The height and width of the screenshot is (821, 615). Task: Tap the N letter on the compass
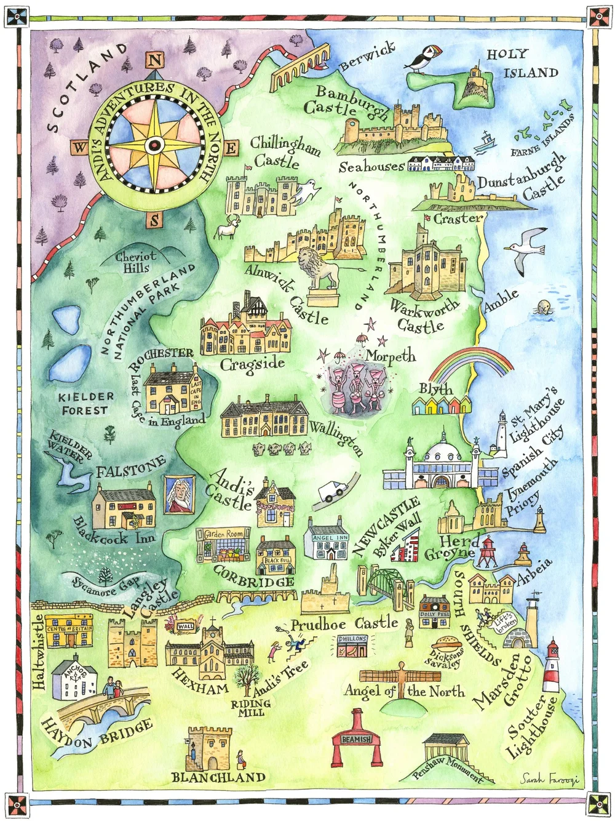(x=155, y=60)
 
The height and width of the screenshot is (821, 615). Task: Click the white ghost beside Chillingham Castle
(x=306, y=191)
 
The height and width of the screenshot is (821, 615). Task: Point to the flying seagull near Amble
(x=525, y=249)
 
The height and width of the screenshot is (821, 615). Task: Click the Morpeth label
(x=391, y=356)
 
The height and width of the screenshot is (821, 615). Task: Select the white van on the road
(x=333, y=491)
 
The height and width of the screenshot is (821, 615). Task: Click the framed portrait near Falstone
(x=179, y=494)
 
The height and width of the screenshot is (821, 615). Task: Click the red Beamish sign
(x=356, y=739)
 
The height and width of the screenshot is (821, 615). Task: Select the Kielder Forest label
(x=85, y=403)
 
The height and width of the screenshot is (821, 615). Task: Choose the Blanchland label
(x=218, y=777)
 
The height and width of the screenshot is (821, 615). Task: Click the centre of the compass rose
(x=155, y=145)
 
